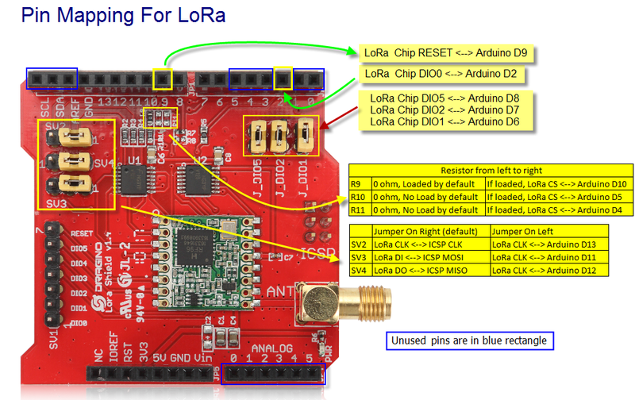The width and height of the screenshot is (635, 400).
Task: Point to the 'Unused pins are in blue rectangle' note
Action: [470, 341]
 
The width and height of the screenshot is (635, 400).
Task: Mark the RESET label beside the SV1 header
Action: [82, 234]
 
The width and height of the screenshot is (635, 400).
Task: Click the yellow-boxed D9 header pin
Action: [163, 78]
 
